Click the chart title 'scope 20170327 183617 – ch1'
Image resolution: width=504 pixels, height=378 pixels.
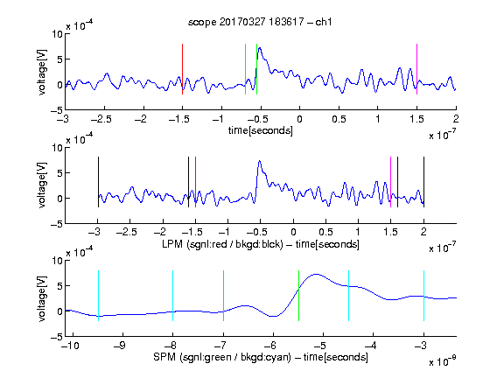(x=260, y=22)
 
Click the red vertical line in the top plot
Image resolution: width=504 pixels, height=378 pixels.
(x=182, y=69)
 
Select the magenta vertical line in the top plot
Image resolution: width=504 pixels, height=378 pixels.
(x=416, y=69)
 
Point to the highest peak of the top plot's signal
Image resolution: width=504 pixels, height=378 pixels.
(x=259, y=48)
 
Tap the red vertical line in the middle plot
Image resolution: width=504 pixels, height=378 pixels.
(x=195, y=182)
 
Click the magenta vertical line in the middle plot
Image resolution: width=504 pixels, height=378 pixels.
(x=390, y=182)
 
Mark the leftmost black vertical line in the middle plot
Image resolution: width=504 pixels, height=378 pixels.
(x=98, y=182)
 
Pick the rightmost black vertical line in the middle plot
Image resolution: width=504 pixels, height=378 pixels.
(x=424, y=182)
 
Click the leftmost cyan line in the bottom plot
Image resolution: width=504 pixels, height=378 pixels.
(x=98, y=296)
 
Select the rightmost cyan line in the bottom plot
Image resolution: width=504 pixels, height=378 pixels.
(x=424, y=296)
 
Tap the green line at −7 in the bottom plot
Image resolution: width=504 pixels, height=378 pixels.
(x=223, y=296)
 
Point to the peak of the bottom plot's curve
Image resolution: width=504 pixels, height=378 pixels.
(x=317, y=274)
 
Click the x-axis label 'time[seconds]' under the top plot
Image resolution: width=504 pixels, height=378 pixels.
(x=261, y=130)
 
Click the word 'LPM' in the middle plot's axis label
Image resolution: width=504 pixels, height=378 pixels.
(x=172, y=244)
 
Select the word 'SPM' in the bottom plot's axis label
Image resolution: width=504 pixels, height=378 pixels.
(x=164, y=357)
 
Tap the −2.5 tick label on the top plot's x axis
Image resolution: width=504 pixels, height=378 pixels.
(x=101, y=120)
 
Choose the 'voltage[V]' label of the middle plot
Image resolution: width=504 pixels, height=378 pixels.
(x=42, y=185)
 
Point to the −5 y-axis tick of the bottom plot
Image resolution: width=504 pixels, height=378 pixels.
(x=57, y=337)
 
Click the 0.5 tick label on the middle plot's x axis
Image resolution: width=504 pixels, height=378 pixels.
(x=325, y=232)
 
